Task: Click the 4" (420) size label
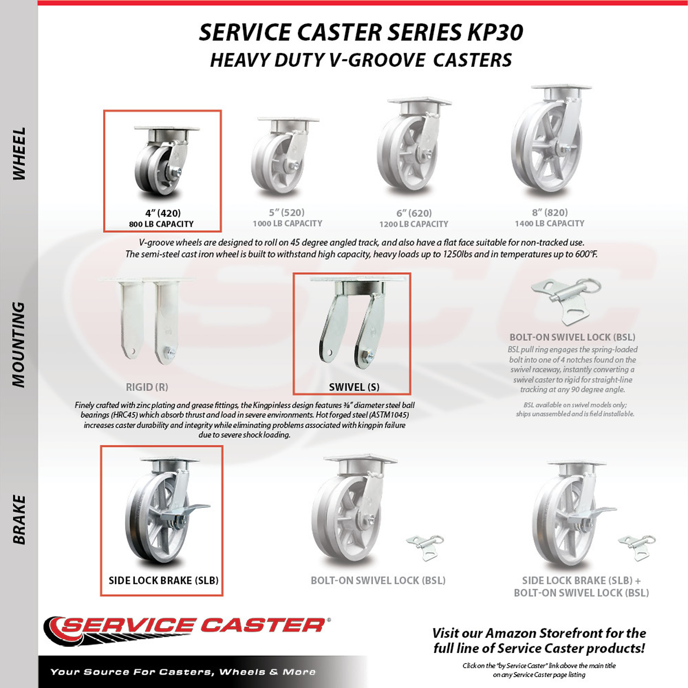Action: click(163, 213)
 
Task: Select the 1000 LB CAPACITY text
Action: click(287, 224)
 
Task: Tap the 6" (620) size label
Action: click(414, 213)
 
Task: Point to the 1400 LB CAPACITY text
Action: click(549, 224)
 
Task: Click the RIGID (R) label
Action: click(147, 387)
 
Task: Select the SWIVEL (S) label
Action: click(354, 387)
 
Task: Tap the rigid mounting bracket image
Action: click(147, 321)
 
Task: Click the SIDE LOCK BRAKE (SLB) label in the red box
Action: click(163, 580)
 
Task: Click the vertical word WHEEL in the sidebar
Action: click(19, 153)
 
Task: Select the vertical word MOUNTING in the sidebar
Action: click(19, 345)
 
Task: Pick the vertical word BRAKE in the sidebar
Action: click(19, 519)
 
